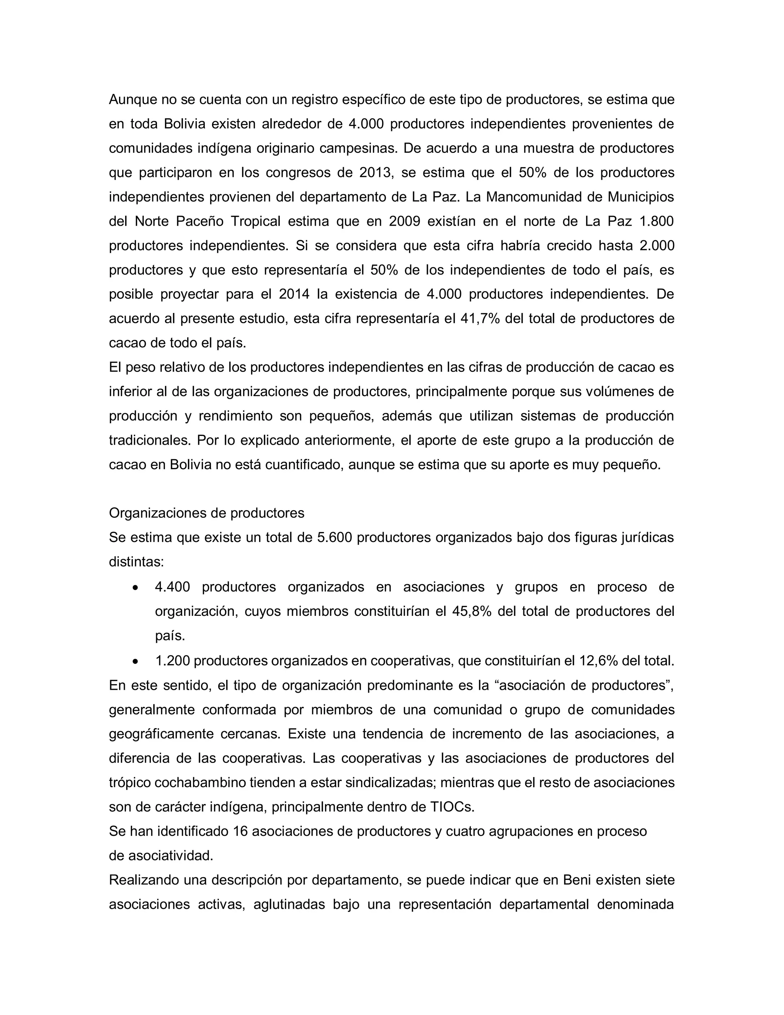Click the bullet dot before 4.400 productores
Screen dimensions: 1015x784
(135, 588)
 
